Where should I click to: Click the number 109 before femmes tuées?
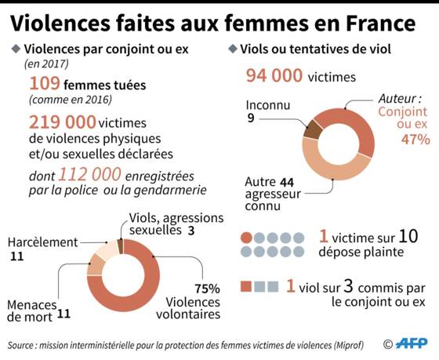pyautogui.click(x=45, y=83)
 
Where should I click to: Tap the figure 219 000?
pyautogui.click(x=63, y=122)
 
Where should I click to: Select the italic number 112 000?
pyautogui.click(x=90, y=174)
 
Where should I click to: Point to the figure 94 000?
pyautogui.click(x=274, y=75)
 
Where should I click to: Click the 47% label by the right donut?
pyautogui.click(x=415, y=140)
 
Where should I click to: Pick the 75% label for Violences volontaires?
pyautogui.click(x=207, y=289)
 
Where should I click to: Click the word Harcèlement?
pyautogui.click(x=42, y=242)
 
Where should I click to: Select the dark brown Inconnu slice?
pyautogui.click(x=312, y=129)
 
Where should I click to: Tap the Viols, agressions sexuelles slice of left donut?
pyautogui.click(x=121, y=246)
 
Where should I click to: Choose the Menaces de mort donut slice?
pyautogui.click(x=96, y=265)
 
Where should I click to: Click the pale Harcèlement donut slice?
pyautogui.click(x=109, y=249)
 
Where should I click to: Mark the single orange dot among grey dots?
pyautogui.click(x=246, y=238)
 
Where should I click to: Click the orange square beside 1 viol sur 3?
pyautogui.click(x=246, y=286)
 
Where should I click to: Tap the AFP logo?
pyautogui.click(x=412, y=344)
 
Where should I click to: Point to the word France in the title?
pyautogui.click(x=381, y=24)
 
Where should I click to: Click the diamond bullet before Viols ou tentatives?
pyautogui.click(x=233, y=49)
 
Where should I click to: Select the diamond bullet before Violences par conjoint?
pyautogui.click(x=16, y=49)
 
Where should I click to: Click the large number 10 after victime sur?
pyautogui.click(x=408, y=236)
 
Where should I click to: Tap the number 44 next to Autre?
pyautogui.click(x=287, y=183)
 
